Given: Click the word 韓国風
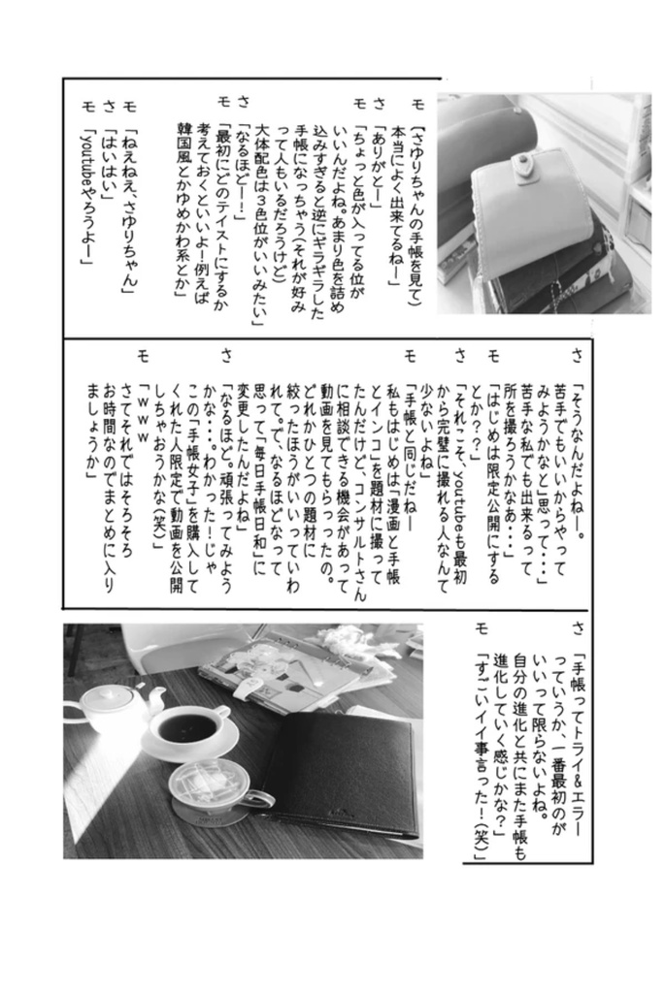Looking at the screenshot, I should (187, 150).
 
